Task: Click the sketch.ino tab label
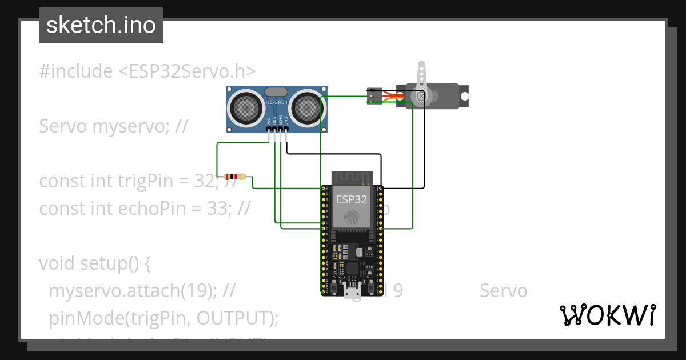click(101, 25)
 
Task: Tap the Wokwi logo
click(607, 315)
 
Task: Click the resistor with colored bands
click(235, 177)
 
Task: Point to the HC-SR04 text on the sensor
click(277, 102)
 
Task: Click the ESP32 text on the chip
click(352, 199)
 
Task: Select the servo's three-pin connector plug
click(374, 97)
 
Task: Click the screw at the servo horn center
click(422, 97)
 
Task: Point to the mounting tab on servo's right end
click(464, 96)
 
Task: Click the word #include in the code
click(76, 71)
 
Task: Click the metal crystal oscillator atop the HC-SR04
click(277, 91)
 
